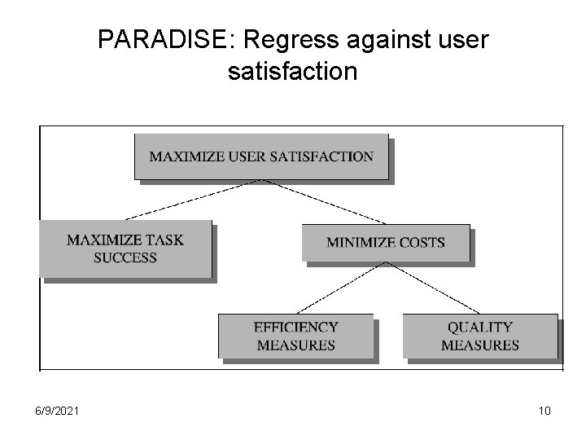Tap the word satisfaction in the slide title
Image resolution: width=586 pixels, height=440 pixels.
tap(293, 72)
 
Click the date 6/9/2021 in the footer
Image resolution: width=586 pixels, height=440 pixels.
tap(58, 411)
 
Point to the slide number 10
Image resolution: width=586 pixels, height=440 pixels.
tap(544, 411)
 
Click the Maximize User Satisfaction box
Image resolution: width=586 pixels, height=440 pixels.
tap(261, 156)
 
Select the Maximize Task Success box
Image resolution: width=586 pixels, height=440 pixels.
tap(125, 249)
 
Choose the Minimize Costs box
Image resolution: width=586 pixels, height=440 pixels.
tap(385, 243)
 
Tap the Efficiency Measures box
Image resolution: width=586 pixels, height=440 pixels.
tap(295, 336)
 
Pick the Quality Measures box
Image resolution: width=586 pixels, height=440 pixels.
tap(480, 336)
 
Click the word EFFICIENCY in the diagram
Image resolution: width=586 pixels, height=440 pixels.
tap(295, 327)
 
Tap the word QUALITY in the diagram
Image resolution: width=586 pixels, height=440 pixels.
tap(480, 327)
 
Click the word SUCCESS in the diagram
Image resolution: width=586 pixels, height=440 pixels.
tap(125, 257)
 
